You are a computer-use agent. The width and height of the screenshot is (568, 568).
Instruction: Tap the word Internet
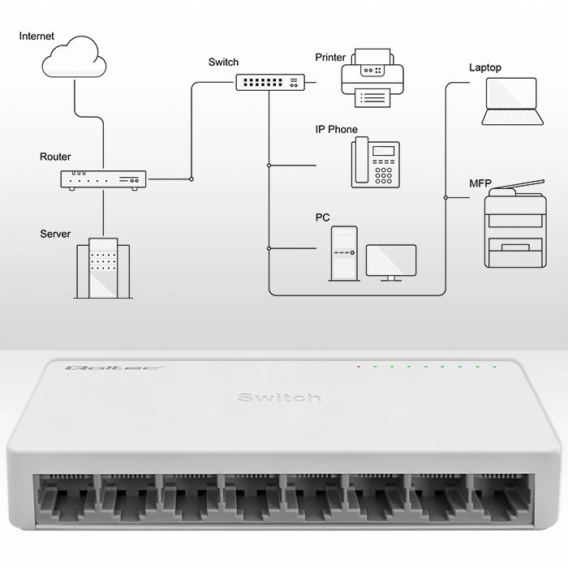pyautogui.click(x=37, y=37)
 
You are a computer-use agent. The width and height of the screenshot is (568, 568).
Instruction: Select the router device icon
pyautogui.click(x=103, y=180)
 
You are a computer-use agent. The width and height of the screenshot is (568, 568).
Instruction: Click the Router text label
pyautogui.click(x=55, y=157)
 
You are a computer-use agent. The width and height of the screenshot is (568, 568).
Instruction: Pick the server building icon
pyautogui.click(x=102, y=269)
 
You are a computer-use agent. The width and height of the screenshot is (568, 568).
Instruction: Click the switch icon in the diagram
pyautogui.click(x=271, y=82)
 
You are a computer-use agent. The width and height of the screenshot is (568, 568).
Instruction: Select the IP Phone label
pyautogui.click(x=336, y=130)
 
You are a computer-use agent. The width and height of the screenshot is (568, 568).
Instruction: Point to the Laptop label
pyautogui.click(x=485, y=67)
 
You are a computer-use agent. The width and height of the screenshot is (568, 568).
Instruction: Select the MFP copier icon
pyautogui.click(x=514, y=225)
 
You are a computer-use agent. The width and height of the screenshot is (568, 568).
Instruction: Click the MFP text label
pyautogui.click(x=480, y=183)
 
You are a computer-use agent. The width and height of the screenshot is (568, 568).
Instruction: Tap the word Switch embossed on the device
pyautogui.click(x=279, y=397)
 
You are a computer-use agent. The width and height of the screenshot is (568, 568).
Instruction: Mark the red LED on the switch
pyautogui.click(x=358, y=368)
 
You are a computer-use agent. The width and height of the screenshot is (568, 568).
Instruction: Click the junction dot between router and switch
pyautogui.click(x=191, y=179)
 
